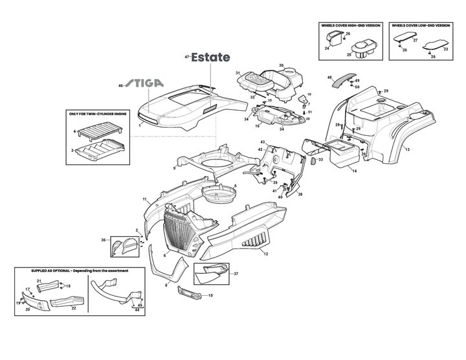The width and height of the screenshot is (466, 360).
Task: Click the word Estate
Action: click(210, 58)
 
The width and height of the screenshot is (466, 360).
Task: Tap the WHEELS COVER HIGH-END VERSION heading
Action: click(350, 25)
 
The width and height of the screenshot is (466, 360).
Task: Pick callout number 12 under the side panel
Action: click(266, 254)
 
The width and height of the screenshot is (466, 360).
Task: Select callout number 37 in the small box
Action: click(236, 274)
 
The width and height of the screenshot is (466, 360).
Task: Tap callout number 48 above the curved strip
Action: click(329, 76)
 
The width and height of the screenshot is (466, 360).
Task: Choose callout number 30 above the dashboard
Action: click(281, 65)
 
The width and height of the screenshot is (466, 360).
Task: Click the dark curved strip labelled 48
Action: click(340, 80)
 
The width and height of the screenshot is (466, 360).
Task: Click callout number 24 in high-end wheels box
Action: click(327, 49)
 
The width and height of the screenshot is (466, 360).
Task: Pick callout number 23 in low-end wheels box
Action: click(445, 48)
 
